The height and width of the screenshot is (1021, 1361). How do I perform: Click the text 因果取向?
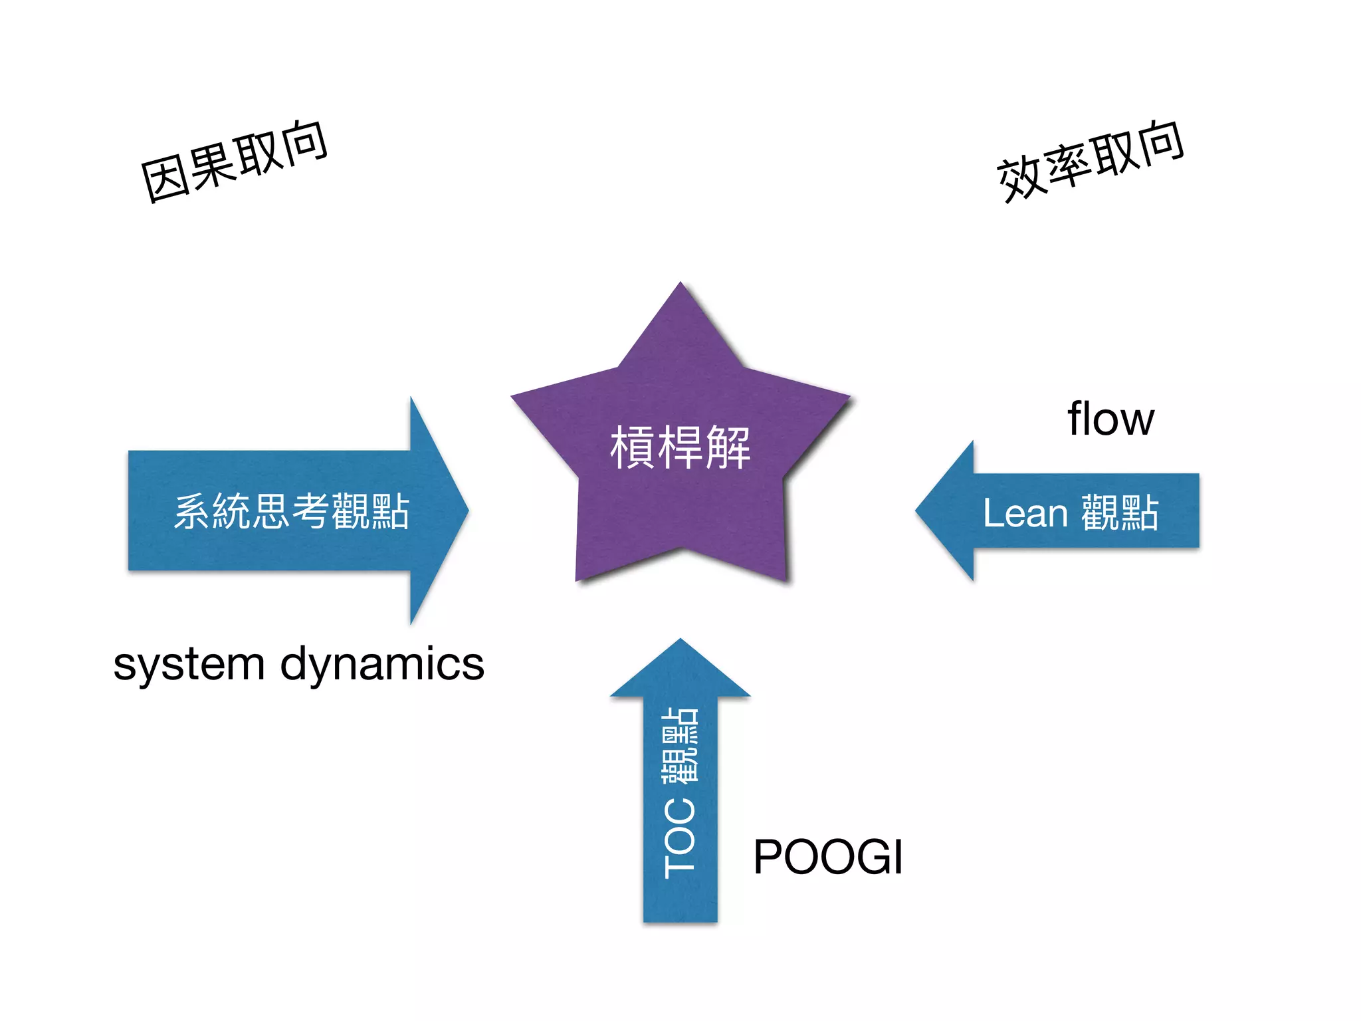coord(234,162)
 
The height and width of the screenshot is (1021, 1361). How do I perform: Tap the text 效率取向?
coord(1090,162)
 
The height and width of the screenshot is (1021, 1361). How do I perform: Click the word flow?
coord(1110,419)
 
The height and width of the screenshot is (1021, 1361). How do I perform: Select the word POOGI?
coord(827,857)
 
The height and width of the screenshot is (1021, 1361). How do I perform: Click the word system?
coord(189,665)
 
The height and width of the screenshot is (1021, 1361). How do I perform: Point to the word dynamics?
coord(382,665)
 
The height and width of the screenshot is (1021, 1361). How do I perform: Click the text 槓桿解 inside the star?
coord(680,447)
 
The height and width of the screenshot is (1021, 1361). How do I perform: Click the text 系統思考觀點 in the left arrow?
coord(291,511)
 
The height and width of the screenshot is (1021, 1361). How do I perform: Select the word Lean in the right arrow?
coord(1025,513)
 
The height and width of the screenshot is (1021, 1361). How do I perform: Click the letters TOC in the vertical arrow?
coord(680,839)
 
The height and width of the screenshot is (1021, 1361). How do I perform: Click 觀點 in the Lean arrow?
coord(1120,513)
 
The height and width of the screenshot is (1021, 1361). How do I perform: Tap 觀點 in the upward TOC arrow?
coord(680,744)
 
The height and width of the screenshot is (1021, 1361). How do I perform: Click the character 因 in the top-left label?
coord(163,180)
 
